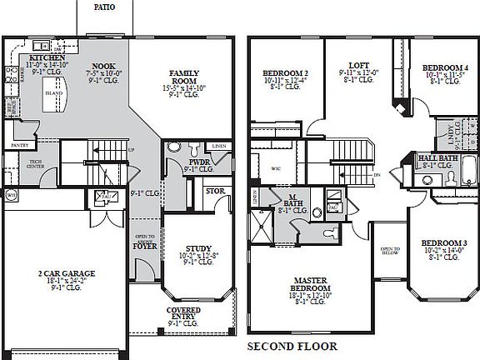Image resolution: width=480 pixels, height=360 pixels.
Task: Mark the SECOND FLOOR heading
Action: pos(292,346)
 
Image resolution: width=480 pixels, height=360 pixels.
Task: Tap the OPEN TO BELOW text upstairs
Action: pos(389,252)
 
